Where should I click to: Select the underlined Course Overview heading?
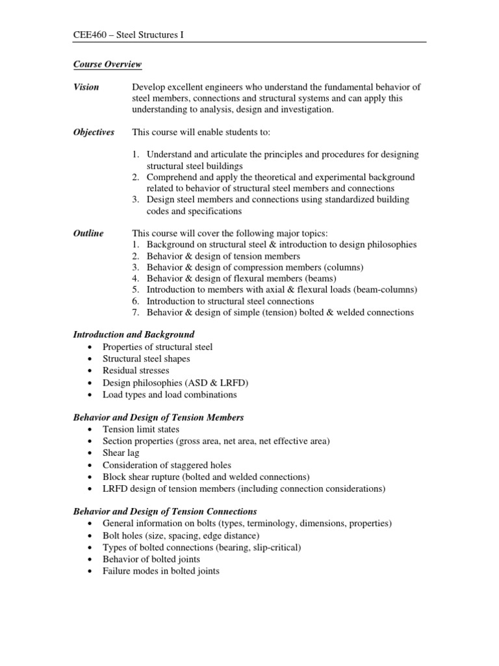(107, 64)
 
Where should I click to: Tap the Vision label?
(86, 87)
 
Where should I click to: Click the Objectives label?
(94, 132)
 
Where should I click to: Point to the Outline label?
(88, 233)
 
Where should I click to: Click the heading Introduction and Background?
(134, 335)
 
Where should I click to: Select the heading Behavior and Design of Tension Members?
(159, 417)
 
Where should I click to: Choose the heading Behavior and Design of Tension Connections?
(165, 511)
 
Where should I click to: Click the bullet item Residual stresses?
(136, 371)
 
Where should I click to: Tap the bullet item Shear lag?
(121, 453)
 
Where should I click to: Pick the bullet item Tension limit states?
(141, 429)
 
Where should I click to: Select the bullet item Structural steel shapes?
(146, 359)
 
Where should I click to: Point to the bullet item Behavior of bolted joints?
(151, 559)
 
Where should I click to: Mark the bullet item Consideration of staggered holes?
(167, 465)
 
